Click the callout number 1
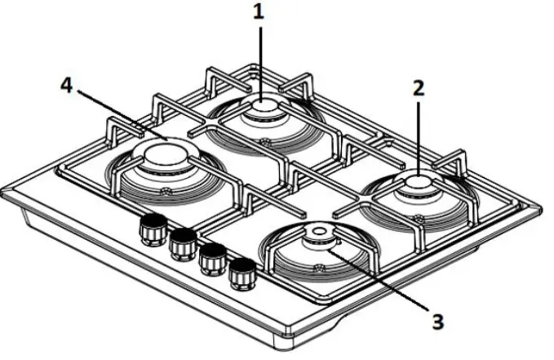click(x=260, y=13)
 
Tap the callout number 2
click(x=418, y=88)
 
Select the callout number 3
click(x=438, y=321)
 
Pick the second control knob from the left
click(x=182, y=242)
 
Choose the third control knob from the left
click(x=212, y=257)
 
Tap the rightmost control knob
click(x=241, y=273)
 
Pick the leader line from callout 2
click(x=418, y=135)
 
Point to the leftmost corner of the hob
click(x=5, y=196)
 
